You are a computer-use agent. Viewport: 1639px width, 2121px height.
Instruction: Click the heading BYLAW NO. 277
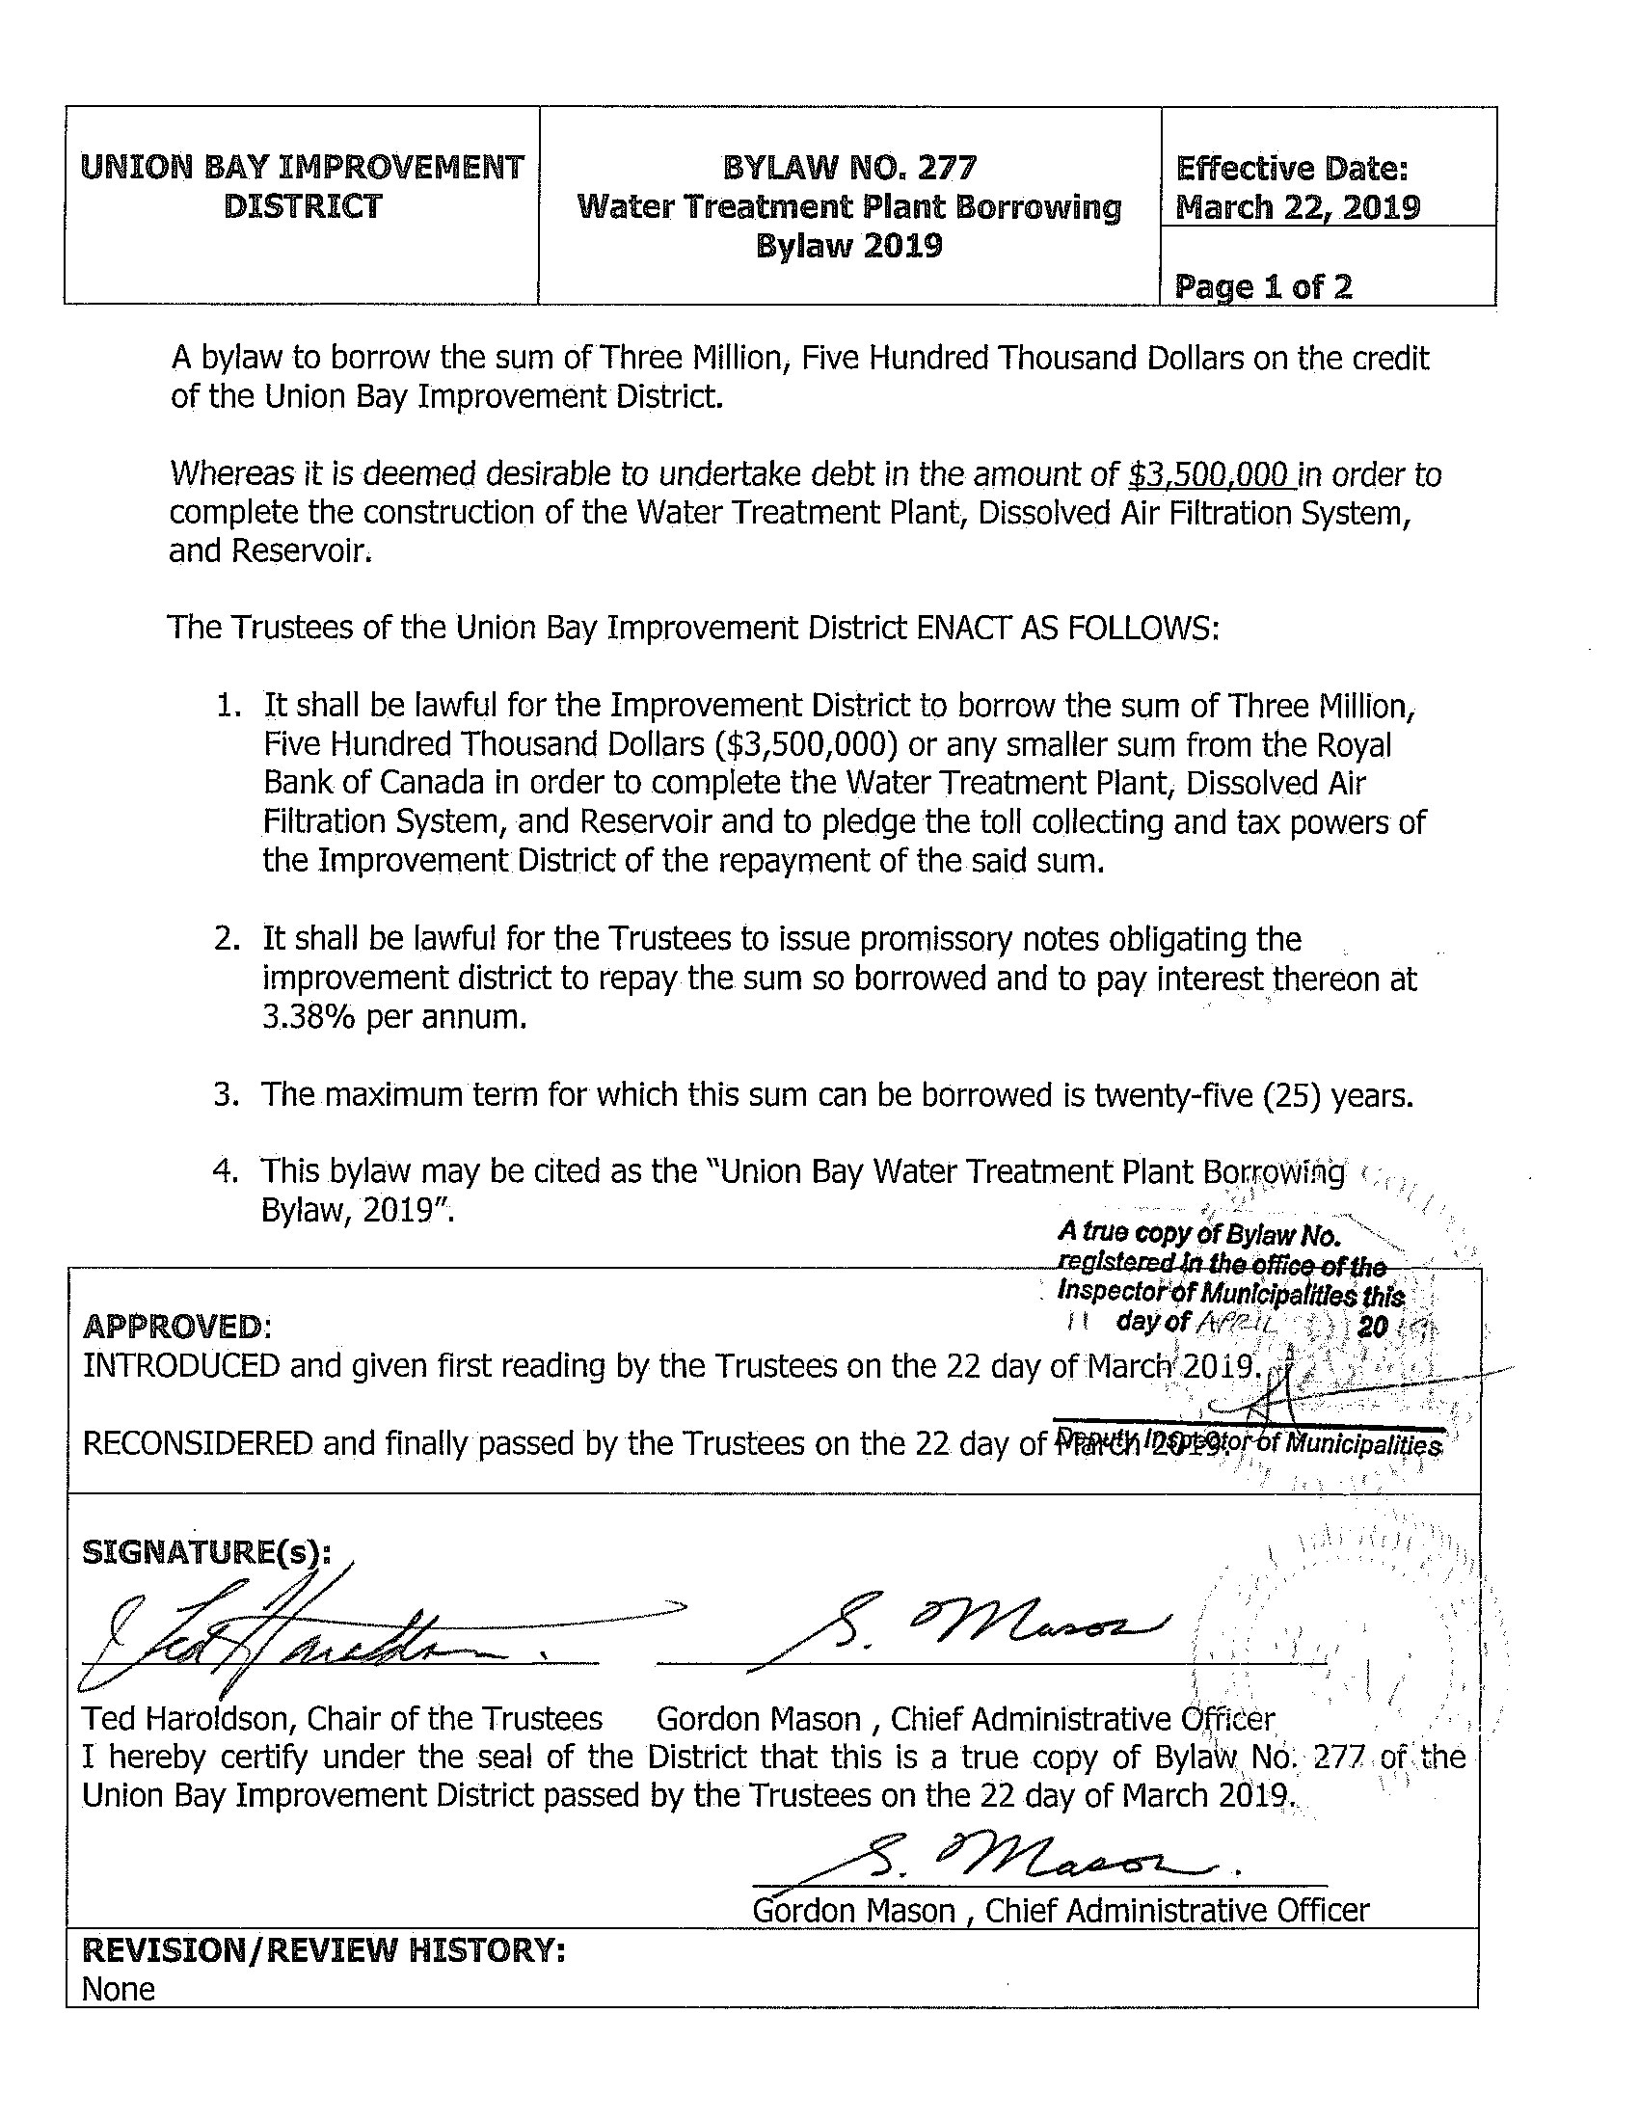(848, 169)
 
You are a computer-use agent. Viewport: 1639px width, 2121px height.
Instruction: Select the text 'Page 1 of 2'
(1262, 286)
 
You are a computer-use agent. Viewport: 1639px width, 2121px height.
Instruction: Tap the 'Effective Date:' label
(1291, 170)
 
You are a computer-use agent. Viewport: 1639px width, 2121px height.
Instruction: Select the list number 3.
(226, 1094)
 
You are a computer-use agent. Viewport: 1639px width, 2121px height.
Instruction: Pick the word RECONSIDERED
(197, 1443)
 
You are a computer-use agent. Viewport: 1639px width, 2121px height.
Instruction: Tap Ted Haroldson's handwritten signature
(291, 1641)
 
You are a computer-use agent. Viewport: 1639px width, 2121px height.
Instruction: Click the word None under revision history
(119, 1989)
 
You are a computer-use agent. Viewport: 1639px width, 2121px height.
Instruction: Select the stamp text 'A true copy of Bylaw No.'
(1199, 1234)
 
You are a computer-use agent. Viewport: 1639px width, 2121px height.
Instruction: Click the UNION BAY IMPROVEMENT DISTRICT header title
(302, 186)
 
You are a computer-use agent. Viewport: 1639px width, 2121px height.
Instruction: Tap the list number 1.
(228, 706)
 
